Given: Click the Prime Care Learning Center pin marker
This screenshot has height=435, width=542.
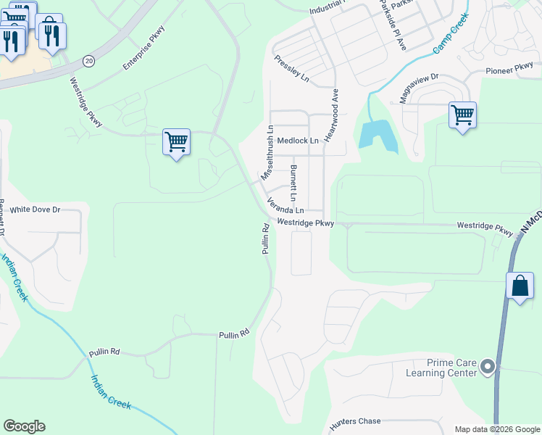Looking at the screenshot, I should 487,368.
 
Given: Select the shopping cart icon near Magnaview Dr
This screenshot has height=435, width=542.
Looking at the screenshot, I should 462,115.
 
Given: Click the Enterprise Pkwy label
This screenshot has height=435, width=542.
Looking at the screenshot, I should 144,48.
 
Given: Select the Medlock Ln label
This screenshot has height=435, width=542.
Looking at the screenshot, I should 298,141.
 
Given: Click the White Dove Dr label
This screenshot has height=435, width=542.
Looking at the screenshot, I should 35,210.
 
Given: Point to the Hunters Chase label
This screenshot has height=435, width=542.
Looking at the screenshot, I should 354,422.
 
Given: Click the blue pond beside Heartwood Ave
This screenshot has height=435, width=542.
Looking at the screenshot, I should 377,136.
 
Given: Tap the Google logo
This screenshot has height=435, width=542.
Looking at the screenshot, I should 24,426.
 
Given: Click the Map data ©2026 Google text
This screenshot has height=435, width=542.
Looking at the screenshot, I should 496,429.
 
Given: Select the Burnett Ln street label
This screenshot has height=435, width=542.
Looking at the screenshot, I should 293,183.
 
